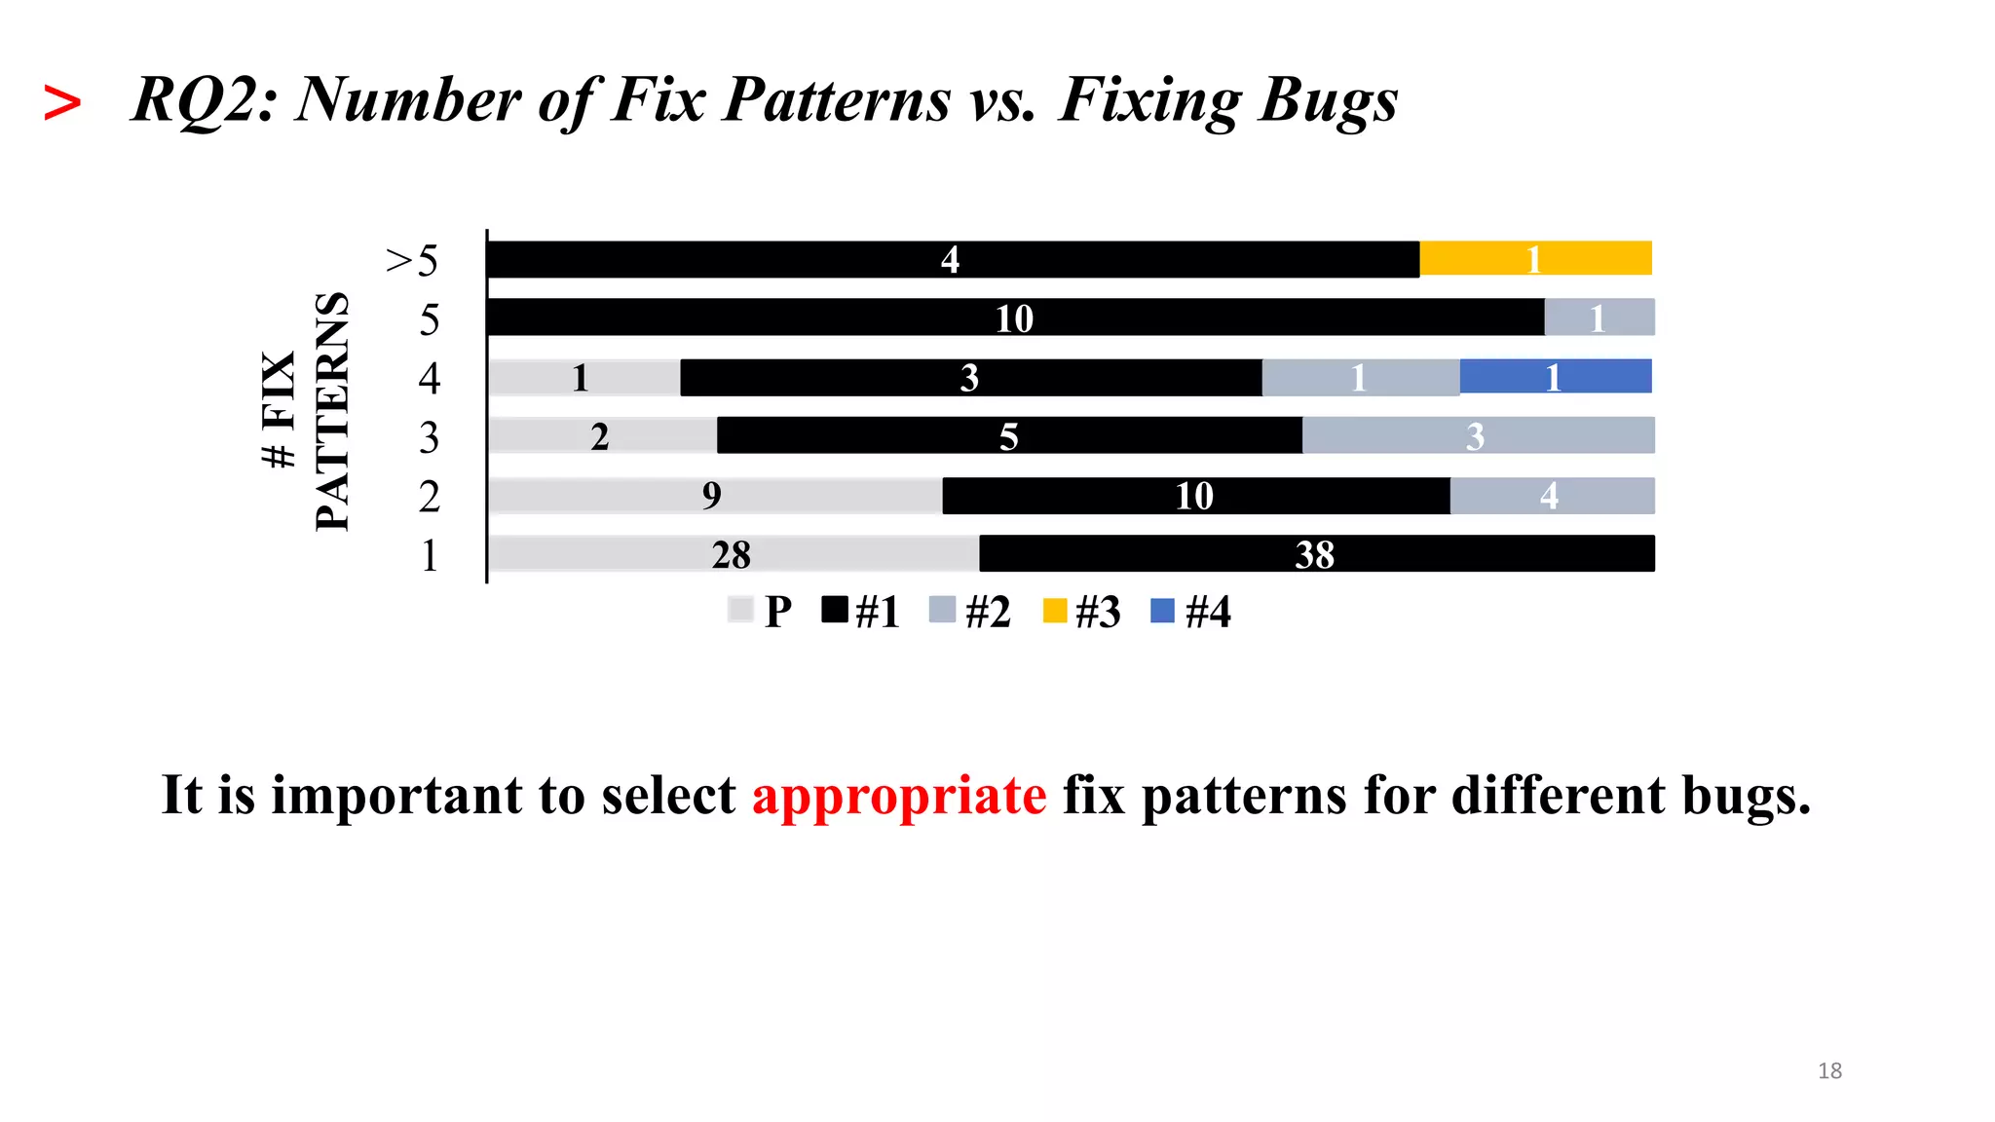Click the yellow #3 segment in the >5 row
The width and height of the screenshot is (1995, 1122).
[x=1535, y=259]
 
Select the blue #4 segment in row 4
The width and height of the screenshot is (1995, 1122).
[x=1556, y=377]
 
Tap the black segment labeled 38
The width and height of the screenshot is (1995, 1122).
[x=1316, y=553]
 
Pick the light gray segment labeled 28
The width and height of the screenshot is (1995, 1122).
[x=734, y=553]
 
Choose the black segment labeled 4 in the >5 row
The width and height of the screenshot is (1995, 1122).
[x=952, y=259]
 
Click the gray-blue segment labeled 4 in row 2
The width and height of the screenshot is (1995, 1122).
[x=1551, y=496]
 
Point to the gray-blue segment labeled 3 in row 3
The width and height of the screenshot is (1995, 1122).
[x=1477, y=435]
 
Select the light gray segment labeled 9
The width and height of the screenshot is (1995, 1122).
[x=715, y=496]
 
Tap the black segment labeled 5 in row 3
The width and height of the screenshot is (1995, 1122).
[x=1009, y=435]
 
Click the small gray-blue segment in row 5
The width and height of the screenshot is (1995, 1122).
[x=1599, y=318]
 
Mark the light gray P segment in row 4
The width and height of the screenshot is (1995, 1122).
[x=583, y=377]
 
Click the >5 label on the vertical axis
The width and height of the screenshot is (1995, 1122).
[x=412, y=261]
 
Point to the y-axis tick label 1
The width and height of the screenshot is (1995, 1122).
[x=429, y=556]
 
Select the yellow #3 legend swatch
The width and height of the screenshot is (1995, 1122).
[x=1054, y=611]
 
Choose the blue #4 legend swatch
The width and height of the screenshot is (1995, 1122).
[x=1162, y=611]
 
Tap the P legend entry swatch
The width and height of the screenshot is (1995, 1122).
[x=740, y=611]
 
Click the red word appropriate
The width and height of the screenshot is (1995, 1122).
[x=898, y=796]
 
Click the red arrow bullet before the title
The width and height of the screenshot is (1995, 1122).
[x=62, y=102]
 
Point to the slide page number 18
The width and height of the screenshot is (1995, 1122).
[x=1829, y=1070]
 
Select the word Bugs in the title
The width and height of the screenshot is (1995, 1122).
[x=1327, y=100]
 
